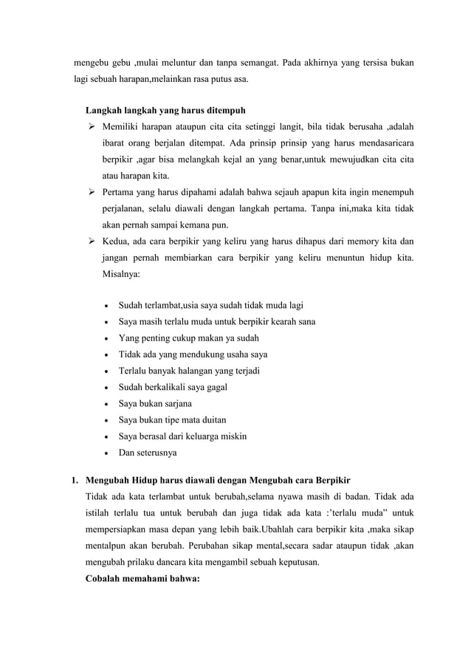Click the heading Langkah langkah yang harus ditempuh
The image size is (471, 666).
click(160, 111)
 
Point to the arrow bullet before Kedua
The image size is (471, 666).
click(92, 241)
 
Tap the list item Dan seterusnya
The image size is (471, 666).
click(148, 453)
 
